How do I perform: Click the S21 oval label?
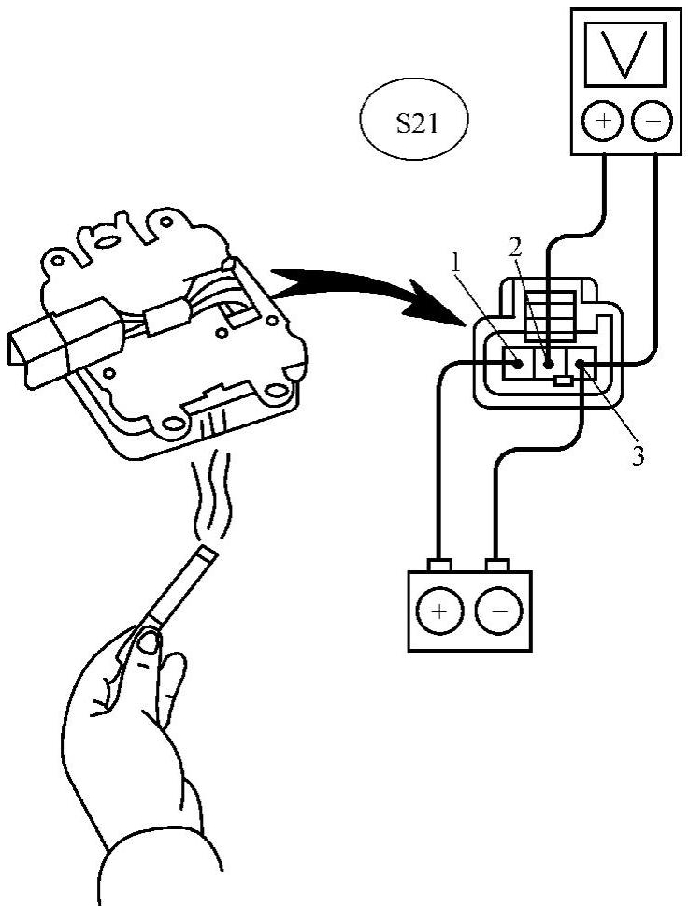coord(413,125)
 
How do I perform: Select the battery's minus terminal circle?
coord(496,613)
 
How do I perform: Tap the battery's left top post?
coord(439,565)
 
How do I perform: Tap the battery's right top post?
coord(495,565)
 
